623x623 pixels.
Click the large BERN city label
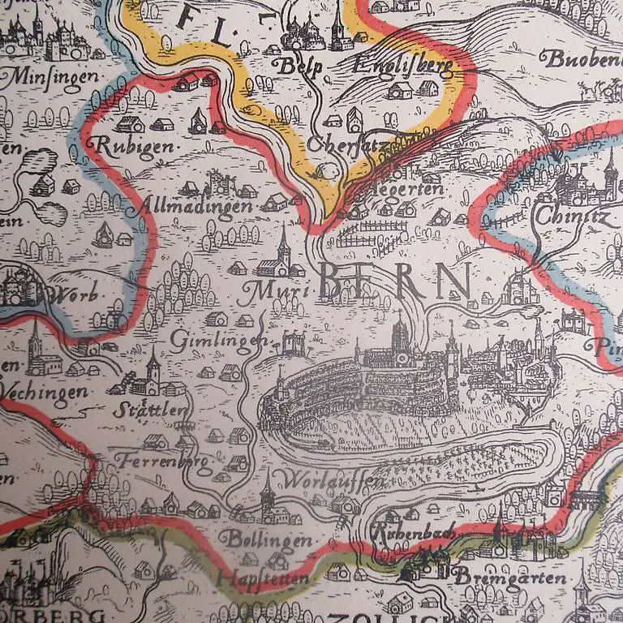click(x=395, y=281)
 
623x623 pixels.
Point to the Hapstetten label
click(x=263, y=578)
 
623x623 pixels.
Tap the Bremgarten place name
click(x=498, y=578)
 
